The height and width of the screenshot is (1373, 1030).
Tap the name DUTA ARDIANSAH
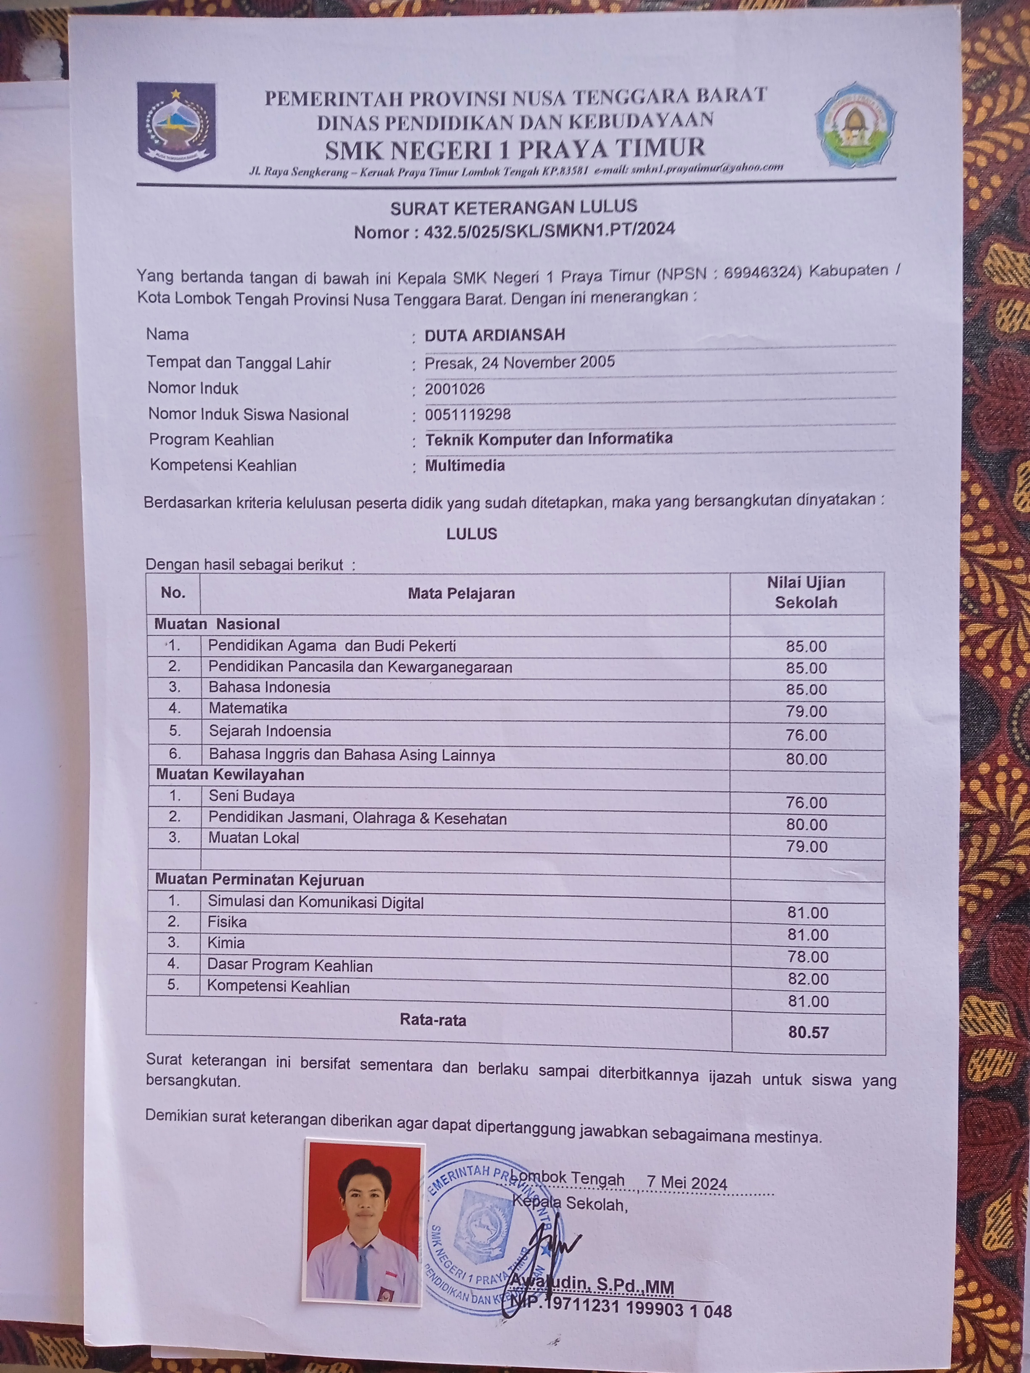click(x=495, y=335)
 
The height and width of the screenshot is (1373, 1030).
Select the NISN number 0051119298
click(x=467, y=414)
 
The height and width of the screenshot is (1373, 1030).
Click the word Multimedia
click(x=465, y=466)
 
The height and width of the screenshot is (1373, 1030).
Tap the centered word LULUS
click(x=472, y=534)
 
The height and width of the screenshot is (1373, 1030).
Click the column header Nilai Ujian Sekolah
click(x=806, y=592)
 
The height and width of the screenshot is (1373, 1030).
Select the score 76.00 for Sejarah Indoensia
click(x=806, y=736)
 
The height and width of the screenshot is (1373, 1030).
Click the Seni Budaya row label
click(x=252, y=796)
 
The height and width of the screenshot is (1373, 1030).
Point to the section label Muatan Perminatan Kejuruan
click(x=260, y=880)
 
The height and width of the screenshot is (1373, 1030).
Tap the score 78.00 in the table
click(x=807, y=957)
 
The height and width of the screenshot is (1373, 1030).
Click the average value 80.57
click(x=808, y=1033)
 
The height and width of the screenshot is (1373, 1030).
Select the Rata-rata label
click(x=433, y=1020)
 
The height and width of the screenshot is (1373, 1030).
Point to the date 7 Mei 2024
click(x=687, y=1183)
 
